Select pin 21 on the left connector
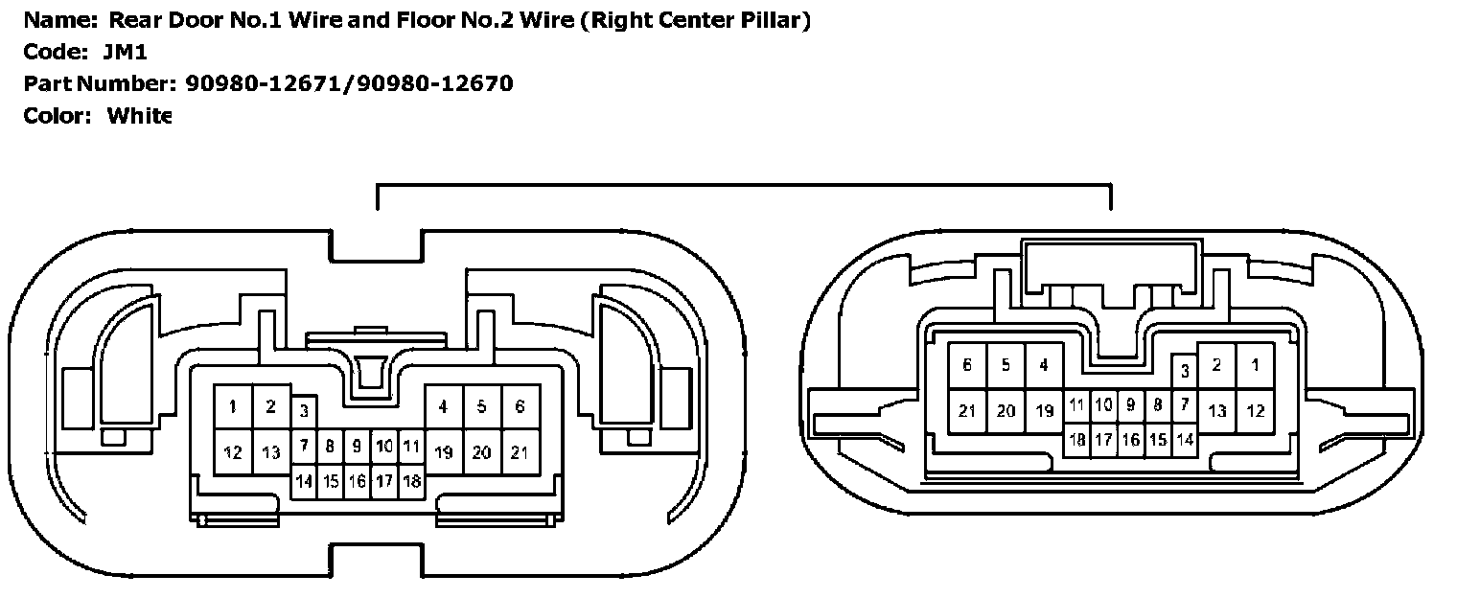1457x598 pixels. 520,451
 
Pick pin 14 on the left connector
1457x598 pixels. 304,481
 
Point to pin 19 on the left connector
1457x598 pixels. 443,451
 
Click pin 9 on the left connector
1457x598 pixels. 357,446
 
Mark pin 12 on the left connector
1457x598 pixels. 233,451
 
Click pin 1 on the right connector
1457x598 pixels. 1255,365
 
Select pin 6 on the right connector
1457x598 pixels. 967,365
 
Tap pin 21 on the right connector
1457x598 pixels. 967,411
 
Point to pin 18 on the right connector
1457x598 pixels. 1077,440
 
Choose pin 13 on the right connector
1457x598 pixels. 1216,411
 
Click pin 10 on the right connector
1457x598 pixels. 1104,404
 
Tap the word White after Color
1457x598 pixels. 139,116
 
